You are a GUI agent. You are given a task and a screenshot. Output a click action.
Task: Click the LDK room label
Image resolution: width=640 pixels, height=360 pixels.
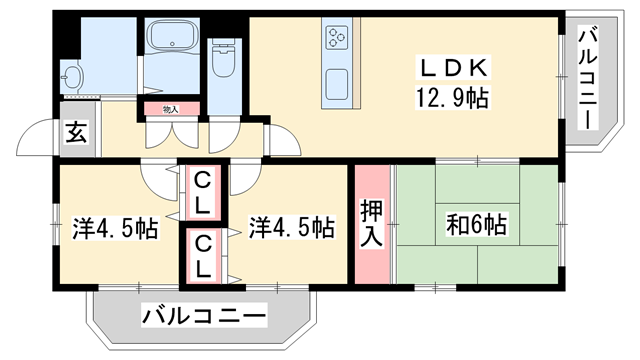(x=451, y=69)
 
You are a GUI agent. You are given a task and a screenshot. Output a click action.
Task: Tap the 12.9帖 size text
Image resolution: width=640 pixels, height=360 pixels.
(x=451, y=98)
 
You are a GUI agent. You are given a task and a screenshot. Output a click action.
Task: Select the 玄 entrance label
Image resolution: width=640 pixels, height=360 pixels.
(x=77, y=132)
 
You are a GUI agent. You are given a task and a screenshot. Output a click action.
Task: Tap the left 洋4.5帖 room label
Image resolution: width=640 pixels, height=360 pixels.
(x=113, y=228)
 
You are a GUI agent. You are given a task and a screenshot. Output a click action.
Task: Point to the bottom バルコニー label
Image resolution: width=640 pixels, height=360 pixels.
(x=204, y=317)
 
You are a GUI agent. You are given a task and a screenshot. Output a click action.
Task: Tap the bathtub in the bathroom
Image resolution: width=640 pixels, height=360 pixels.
(x=174, y=38)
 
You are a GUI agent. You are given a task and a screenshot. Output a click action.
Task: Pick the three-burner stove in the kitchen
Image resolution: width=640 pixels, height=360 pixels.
(x=335, y=39)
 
